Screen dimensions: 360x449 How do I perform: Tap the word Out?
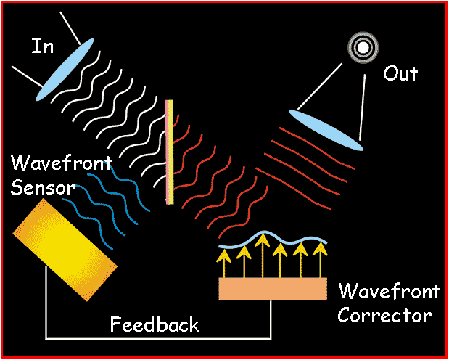400,73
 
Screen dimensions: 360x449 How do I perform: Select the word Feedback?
154,324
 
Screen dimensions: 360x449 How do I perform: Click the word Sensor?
43,188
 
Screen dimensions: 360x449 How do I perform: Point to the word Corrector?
384,316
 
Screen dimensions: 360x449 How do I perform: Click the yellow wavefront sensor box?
65,248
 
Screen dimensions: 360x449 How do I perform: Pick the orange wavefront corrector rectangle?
273,288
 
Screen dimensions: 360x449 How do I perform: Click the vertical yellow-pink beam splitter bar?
170,152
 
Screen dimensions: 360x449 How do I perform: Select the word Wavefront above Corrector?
389,292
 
